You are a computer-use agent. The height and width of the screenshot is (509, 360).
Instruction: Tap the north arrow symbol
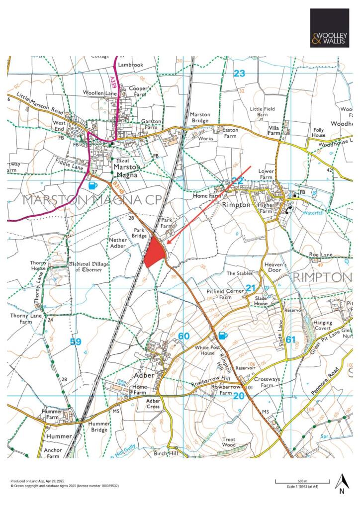341,484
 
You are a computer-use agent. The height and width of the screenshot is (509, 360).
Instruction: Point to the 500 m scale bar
300,481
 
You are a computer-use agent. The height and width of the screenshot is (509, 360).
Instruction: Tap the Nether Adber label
118,243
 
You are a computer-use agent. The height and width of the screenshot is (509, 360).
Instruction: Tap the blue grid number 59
76,341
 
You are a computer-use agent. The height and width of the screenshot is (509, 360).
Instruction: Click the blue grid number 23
240,74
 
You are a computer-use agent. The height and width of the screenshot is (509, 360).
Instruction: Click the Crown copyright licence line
65,485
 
